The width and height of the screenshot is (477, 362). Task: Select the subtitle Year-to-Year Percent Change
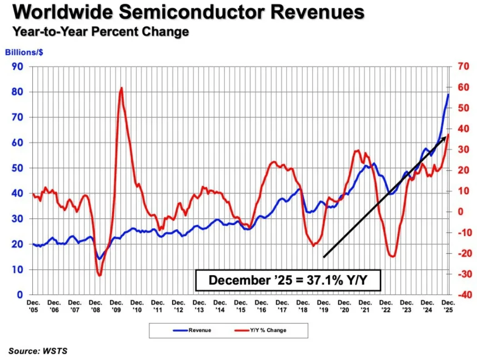tap(100, 32)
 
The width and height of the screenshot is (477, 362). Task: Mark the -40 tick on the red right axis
tap(462, 295)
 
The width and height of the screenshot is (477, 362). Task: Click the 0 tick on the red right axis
tap(460, 212)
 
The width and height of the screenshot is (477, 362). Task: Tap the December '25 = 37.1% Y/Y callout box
tap(288, 280)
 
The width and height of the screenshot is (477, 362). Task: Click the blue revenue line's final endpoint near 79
tap(448, 94)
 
